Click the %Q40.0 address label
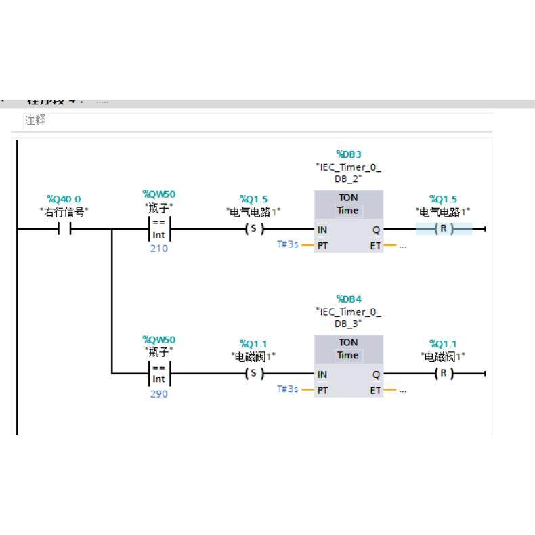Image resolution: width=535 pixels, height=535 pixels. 64,199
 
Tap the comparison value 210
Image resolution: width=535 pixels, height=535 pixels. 159,249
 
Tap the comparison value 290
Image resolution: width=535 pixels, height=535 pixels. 159,394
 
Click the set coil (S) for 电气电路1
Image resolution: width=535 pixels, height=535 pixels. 253,229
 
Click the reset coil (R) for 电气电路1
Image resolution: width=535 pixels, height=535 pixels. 444,229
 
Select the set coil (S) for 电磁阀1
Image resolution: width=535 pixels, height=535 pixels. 253,374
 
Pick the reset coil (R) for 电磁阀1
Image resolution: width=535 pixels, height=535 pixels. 444,374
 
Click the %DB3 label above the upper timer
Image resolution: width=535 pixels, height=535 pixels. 349,154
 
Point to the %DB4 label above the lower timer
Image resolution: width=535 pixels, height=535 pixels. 349,299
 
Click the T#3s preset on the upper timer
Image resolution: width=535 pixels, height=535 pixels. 287,244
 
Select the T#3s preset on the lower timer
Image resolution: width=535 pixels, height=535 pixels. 287,389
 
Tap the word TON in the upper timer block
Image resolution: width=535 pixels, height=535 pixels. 348,198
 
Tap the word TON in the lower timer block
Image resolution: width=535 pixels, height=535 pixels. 348,343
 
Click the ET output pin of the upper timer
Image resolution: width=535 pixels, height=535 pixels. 375,245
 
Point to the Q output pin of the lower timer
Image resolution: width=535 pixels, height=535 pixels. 377,374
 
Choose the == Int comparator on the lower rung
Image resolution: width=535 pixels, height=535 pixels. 159,374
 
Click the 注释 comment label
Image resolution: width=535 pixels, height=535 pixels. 35,121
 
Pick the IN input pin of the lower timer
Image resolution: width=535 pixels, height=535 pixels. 323,374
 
